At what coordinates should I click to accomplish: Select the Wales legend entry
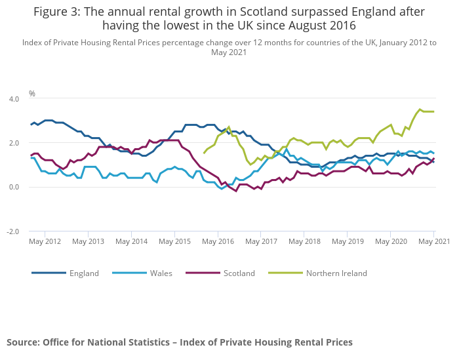[161, 273]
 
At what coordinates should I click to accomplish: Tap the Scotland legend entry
[239, 273]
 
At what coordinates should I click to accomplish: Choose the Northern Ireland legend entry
[336, 273]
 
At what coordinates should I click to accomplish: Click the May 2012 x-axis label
[45, 241]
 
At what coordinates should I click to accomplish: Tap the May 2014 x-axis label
[131, 241]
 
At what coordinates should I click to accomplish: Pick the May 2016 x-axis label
[218, 241]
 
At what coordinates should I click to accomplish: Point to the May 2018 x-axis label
[304, 241]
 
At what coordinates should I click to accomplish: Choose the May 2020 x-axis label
[391, 241]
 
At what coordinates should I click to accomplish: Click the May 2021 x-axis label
[434, 241]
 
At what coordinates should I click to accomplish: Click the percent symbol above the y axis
[31, 93]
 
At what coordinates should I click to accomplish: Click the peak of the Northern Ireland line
[420, 110]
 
